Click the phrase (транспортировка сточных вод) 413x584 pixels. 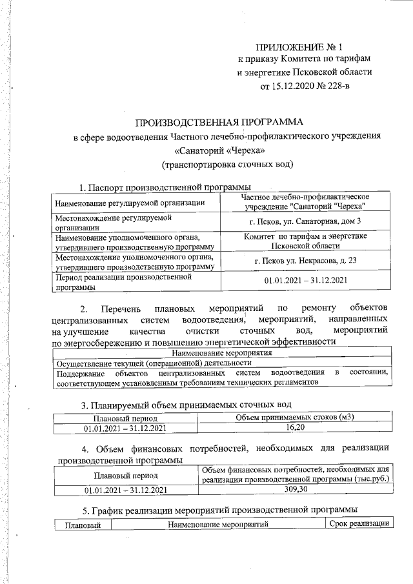click(227, 164)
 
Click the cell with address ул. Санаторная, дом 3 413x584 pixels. click(305, 223)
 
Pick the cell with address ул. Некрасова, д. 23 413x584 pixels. click(305, 261)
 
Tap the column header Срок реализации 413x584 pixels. click(359, 525)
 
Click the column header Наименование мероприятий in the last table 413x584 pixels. click(217, 525)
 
